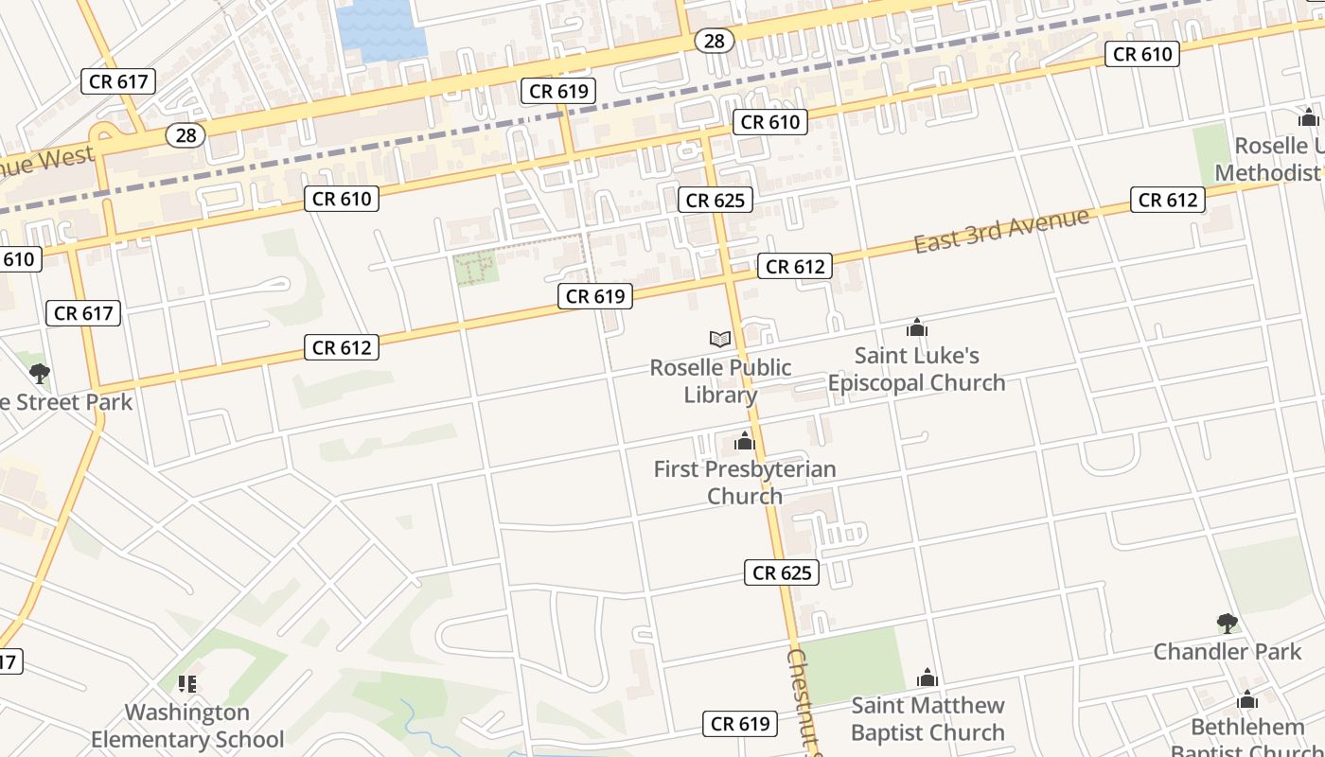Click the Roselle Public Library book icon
tap(720, 339)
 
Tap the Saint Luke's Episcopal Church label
tap(916, 369)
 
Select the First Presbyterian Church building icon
tap(745, 441)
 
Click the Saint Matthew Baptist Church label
tap(927, 718)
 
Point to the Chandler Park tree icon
tap(1228, 623)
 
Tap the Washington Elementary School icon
tap(187, 683)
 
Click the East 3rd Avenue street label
tap(1001, 230)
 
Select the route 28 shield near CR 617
tap(186, 135)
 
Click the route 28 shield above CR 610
tap(715, 40)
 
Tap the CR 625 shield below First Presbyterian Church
tap(781, 572)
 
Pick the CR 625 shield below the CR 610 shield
tap(716, 200)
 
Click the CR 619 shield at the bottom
tap(740, 724)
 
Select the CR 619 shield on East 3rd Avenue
tap(595, 296)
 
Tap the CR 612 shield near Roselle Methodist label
tap(1168, 200)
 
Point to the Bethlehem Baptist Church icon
tap(1247, 700)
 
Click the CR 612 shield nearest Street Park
tap(343, 347)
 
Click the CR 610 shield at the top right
tap(1142, 54)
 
